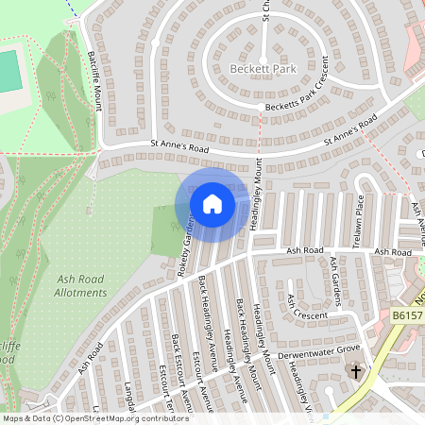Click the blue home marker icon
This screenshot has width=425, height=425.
coord(212,204)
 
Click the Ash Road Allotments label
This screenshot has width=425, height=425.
coord(81,286)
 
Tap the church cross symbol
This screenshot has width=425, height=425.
coord(355,371)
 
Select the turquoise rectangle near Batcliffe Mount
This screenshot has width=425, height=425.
coord(8,71)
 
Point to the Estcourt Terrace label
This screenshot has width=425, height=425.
coord(162,397)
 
